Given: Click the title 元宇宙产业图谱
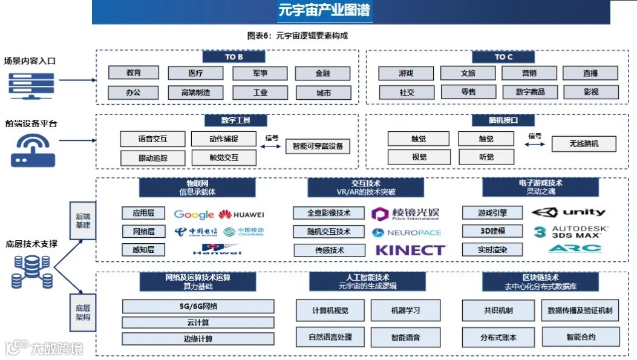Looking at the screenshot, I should click(x=324, y=10).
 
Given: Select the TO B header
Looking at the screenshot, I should click(x=234, y=57).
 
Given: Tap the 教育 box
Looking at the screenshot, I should click(x=134, y=73).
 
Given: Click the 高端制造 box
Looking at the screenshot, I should click(x=196, y=93).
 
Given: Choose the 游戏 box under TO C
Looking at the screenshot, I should click(x=406, y=74).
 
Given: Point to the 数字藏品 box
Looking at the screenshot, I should click(x=530, y=92).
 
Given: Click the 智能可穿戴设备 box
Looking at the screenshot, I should click(x=318, y=146).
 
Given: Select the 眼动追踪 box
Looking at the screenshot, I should click(x=153, y=158).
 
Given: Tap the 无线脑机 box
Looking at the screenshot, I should click(x=584, y=144).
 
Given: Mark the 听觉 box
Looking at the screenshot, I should click(x=486, y=157).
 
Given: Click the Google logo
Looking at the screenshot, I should click(x=194, y=214).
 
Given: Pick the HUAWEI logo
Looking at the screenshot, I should click(x=241, y=214).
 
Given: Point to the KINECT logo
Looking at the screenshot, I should click(x=411, y=250).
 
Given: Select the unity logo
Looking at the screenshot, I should click(x=569, y=212).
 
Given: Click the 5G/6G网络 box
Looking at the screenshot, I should click(x=198, y=306).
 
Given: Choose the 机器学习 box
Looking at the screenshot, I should click(x=405, y=310).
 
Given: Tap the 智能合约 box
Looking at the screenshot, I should click(x=581, y=336).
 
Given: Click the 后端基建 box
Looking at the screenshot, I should click(x=82, y=221).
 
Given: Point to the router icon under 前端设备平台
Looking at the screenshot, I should click(x=33, y=149).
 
